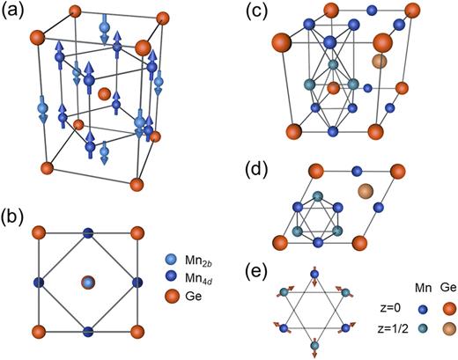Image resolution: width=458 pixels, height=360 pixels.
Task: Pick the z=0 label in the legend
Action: (373, 310)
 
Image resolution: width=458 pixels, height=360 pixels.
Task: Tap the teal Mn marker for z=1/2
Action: (404, 330)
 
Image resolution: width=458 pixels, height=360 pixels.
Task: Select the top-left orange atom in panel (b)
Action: (35, 232)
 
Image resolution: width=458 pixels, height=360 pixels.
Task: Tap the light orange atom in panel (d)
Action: (366, 191)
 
